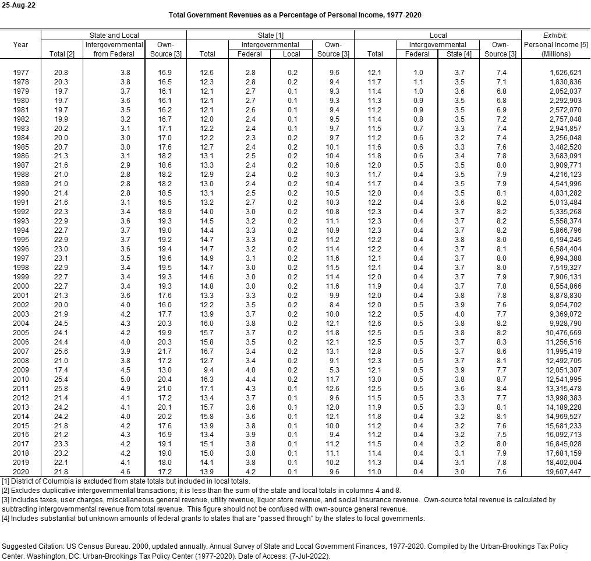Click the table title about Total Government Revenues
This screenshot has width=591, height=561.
(x=295, y=15)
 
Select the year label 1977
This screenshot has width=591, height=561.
(x=20, y=72)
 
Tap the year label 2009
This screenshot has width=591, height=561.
(x=20, y=370)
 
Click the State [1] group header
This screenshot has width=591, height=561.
(x=270, y=35)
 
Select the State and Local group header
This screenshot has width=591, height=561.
(x=114, y=35)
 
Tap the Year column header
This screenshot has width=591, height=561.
(x=20, y=45)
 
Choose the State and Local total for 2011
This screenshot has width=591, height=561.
(x=61, y=389)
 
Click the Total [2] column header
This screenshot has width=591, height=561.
(x=62, y=54)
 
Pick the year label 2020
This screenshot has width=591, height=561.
(x=20, y=472)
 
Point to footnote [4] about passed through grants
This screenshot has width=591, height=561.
(x=213, y=518)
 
